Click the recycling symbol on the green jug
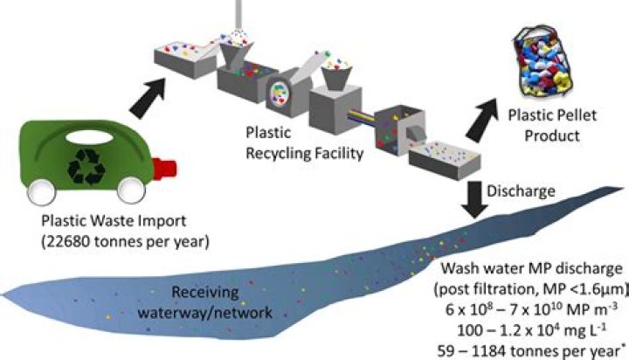(x=89, y=163)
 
